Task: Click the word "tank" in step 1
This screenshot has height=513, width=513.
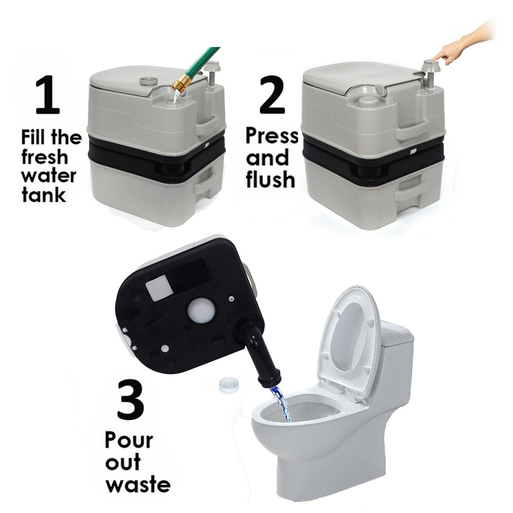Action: click(x=44, y=195)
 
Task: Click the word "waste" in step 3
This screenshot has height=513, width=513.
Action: click(x=137, y=485)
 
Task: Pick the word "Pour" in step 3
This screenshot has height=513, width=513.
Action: click(x=128, y=441)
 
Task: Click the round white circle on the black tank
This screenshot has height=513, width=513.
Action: click(x=201, y=310)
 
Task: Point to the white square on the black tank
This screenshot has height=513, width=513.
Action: click(x=159, y=289)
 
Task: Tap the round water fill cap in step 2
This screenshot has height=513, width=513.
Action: click(x=368, y=100)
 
